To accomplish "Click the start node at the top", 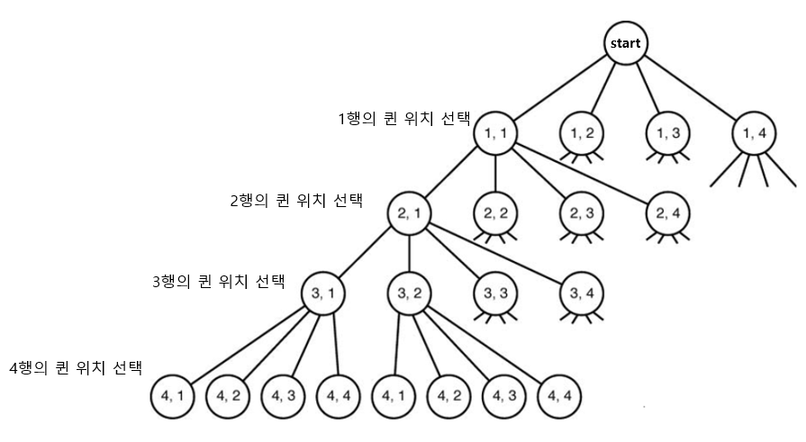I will (x=627, y=43).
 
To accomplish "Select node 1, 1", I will (x=495, y=132).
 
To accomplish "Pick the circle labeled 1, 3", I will (x=667, y=132).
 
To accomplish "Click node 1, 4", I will (x=753, y=132).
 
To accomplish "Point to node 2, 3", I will (x=582, y=213).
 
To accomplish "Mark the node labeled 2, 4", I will (x=667, y=213).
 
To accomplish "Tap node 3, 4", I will (x=582, y=293).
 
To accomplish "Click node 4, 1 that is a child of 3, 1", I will (x=172, y=394).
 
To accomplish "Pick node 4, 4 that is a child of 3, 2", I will (x=561, y=394).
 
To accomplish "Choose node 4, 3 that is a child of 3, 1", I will (x=284, y=394).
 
